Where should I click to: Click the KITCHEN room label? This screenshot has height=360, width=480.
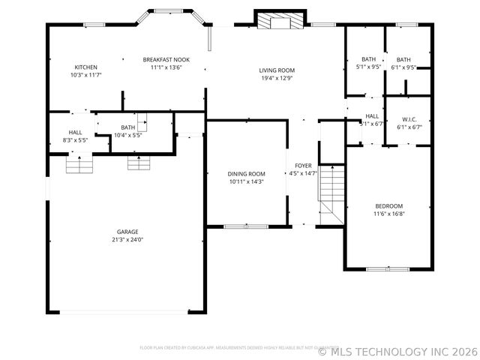point(85,67)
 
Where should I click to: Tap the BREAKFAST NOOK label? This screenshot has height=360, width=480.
point(166,59)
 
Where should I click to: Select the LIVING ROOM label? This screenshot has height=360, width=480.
point(277,70)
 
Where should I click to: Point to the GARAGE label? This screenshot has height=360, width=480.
point(127,232)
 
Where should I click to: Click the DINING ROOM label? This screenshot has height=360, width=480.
point(247,173)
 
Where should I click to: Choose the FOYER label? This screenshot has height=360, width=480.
point(303,165)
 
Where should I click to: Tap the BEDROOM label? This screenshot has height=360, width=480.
point(389,206)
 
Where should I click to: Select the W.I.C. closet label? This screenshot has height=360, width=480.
point(409,119)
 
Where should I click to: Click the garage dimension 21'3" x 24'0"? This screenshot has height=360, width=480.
point(127,240)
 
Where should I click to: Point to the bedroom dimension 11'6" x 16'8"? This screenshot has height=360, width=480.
point(389,214)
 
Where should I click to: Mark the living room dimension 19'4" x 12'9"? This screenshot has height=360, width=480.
point(277,78)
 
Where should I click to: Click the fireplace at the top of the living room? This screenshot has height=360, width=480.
point(280,20)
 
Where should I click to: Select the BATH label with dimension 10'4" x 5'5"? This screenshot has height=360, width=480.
point(128,127)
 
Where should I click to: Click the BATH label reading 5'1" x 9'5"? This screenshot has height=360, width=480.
point(368,59)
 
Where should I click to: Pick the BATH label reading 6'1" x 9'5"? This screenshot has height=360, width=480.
point(403,59)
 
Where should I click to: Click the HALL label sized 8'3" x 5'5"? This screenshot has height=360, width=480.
point(75,132)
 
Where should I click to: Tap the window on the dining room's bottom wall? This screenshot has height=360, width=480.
point(246,226)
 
